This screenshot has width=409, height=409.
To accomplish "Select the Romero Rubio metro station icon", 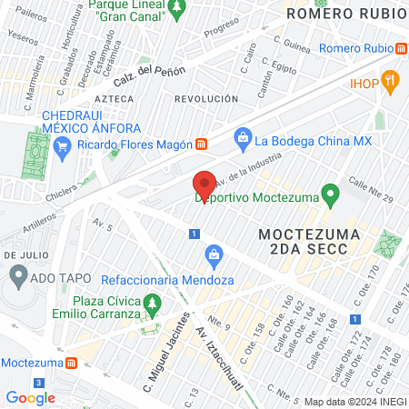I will coord(401,48).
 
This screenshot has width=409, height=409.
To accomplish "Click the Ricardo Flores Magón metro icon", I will coord(202,145).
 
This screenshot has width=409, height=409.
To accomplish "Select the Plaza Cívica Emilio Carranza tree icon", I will coord(155,303).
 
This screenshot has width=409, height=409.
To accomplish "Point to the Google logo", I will coord(31,397).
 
